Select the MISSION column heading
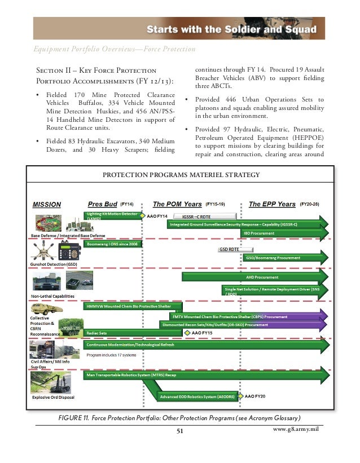46,204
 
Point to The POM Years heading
177,204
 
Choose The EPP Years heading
272,204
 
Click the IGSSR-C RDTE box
200,216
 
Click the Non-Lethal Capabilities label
52,296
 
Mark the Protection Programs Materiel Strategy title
181,174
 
